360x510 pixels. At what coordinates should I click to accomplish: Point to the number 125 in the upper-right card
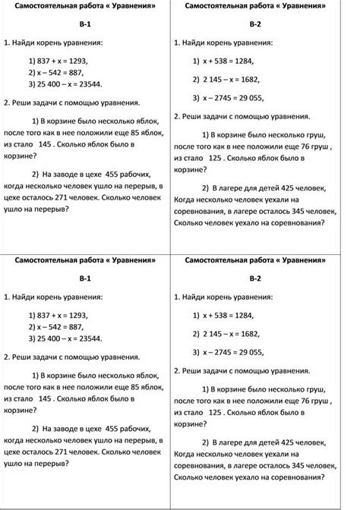tap(215, 159)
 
